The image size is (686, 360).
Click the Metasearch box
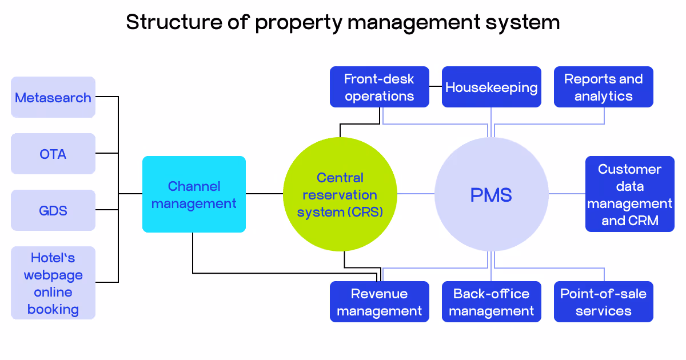(x=53, y=97)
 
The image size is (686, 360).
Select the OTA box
(x=53, y=154)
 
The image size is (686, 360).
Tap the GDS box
(x=53, y=210)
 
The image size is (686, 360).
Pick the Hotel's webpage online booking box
(x=53, y=283)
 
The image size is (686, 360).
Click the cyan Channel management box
(x=194, y=194)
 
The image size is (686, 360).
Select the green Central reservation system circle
(x=340, y=194)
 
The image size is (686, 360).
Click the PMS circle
(x=491, y=194)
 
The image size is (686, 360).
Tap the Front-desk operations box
(x=379, y=87)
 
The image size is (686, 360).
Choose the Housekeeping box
(x=491, y=87)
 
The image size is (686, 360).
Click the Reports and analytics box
(x=603, y=87)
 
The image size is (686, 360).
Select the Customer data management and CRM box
(x=629, y=194)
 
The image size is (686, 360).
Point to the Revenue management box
(x=379, y=302)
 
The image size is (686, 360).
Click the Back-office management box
(x=491, y=302)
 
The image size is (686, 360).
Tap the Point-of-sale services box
(x=603, y=302)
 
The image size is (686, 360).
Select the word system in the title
(x=521, y=22)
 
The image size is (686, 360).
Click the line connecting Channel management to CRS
(x=264, y=194)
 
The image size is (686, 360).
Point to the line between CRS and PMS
(x=416, y=194)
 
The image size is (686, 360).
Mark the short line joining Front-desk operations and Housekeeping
(x=435, y=87)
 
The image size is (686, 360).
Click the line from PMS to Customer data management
(x=567, y=194)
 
